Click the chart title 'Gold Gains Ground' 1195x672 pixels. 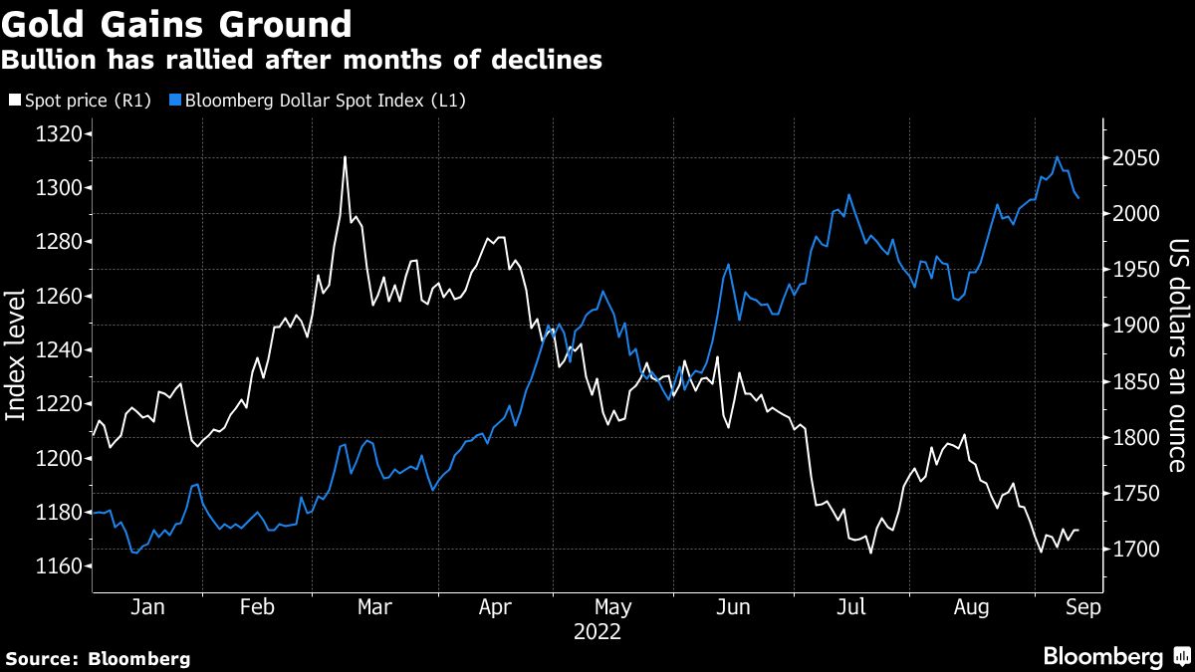coord(177,24)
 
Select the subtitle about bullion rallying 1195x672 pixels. coord(302,61)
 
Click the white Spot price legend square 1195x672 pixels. coord(12,101)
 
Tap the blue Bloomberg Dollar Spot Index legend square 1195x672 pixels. coord(175,101)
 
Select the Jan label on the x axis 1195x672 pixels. coord(146,608)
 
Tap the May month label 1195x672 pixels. coord(612,608)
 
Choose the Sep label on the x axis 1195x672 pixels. coord(1082,608)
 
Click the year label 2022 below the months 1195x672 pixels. coord(597,632)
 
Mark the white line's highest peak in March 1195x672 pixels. coord(345,157)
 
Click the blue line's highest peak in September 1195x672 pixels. coord(1058,157)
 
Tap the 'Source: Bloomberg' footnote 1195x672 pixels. coord(98,658)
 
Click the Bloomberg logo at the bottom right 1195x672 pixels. coord(1115,657)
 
